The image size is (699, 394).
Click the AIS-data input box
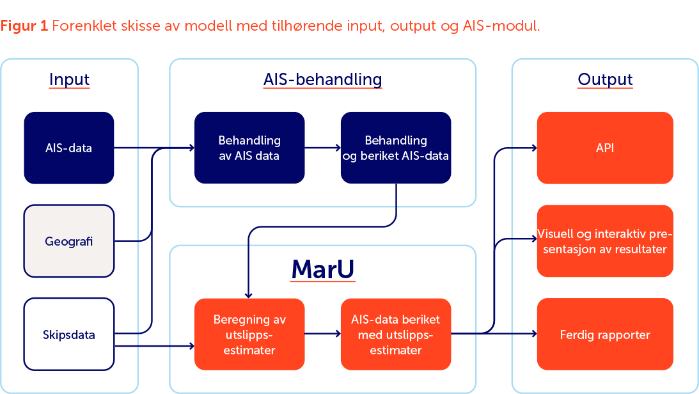point(69,148)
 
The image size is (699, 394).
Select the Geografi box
point(69,241)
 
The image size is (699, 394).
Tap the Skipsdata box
point(69,334)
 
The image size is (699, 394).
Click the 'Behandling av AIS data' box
point(249,148)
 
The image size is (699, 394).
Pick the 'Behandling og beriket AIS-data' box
point(396,148)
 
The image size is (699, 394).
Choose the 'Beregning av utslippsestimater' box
point(249,334)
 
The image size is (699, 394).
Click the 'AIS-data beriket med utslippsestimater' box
point(396,334)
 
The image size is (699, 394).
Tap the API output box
point(605,148)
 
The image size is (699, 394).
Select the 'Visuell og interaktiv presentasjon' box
point(605,241)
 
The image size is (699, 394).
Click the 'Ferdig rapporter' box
point(605,334)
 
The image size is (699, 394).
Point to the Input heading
point(69,80)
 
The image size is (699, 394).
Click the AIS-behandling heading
point(322,80)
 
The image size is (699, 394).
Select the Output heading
point(605,80)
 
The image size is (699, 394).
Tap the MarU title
point(322,270)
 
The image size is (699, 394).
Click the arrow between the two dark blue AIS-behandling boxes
point(323,148)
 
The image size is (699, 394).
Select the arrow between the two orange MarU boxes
point(323,333)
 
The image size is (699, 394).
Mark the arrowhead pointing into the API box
point(533,148)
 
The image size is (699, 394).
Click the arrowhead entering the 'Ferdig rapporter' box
point(533,333)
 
